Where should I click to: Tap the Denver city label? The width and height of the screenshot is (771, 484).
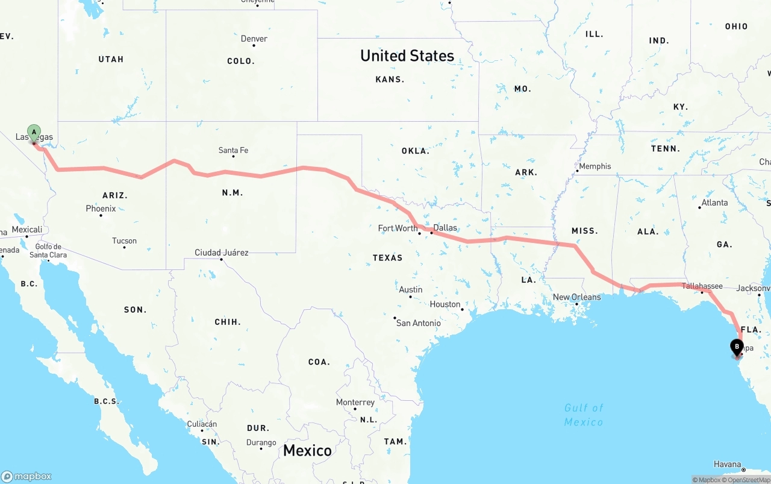coord(254,39)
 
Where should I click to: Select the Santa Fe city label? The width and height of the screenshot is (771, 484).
coord(233,150)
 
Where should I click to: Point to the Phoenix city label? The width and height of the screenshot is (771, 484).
coord(101,209)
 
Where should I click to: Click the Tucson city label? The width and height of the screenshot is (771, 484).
coord(124,241)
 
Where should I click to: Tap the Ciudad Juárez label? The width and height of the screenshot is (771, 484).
coord(221,253)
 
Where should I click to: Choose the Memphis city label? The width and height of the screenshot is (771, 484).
coord(595,166)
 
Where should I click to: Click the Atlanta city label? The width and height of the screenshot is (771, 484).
coord(714,203)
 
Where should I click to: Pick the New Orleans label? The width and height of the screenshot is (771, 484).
coord(576,297)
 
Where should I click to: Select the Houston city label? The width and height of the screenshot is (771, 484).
coord(445,304)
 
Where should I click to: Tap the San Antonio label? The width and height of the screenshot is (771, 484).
coord(418,323)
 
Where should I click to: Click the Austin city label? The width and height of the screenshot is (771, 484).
coord(410,290)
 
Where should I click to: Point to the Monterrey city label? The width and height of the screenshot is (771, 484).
coord(355,403)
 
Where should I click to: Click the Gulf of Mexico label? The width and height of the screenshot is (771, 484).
coord(584,415)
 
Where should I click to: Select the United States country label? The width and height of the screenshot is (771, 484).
coord(407,55)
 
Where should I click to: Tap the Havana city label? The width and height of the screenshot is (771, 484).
coord(727,464)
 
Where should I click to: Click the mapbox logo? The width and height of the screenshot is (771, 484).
coord(27,476)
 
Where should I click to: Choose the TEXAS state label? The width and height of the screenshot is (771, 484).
coord(387,257)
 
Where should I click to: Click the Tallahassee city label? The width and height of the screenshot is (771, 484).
coord(702,286)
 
